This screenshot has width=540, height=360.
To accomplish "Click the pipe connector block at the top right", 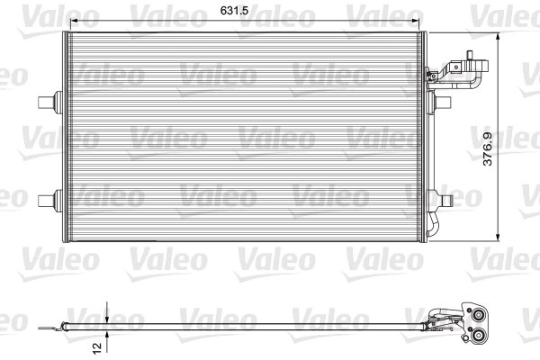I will point(465,72).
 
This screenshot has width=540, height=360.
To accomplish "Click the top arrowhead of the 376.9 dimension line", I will point(499,35).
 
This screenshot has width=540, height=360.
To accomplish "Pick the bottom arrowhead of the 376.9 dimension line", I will point(499,236).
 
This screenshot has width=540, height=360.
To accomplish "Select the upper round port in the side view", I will point(476,314).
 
